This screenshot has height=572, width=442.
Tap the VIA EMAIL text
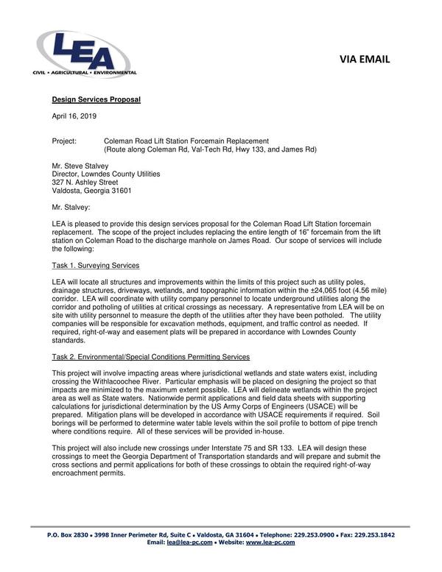(x=368, y=59)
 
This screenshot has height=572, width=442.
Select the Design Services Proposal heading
(x=96, y=99)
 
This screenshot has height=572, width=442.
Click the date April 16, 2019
(x=74, y=116)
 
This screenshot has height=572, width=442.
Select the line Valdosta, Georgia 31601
(x=91, y=191)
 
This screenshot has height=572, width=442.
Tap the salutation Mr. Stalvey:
(x=71, y=208)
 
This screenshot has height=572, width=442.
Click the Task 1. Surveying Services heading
(x=95, y=265)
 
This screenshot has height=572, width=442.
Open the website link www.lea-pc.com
(x=270, y=543)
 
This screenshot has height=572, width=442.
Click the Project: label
(x=65, y=141)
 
